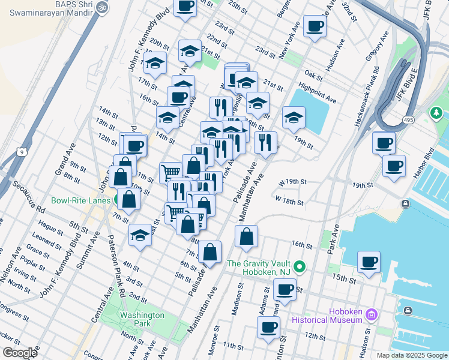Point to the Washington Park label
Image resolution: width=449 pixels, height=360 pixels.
click(142, 319)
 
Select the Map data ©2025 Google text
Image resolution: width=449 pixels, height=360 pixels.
click(411, 355)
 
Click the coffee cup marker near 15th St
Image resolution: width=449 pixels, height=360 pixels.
click(369, 262)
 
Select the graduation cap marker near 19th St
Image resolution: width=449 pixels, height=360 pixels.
click(294, 118)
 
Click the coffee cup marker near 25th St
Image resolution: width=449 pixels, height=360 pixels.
click(185, 6)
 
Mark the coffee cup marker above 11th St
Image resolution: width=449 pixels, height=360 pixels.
click(268, 327)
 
